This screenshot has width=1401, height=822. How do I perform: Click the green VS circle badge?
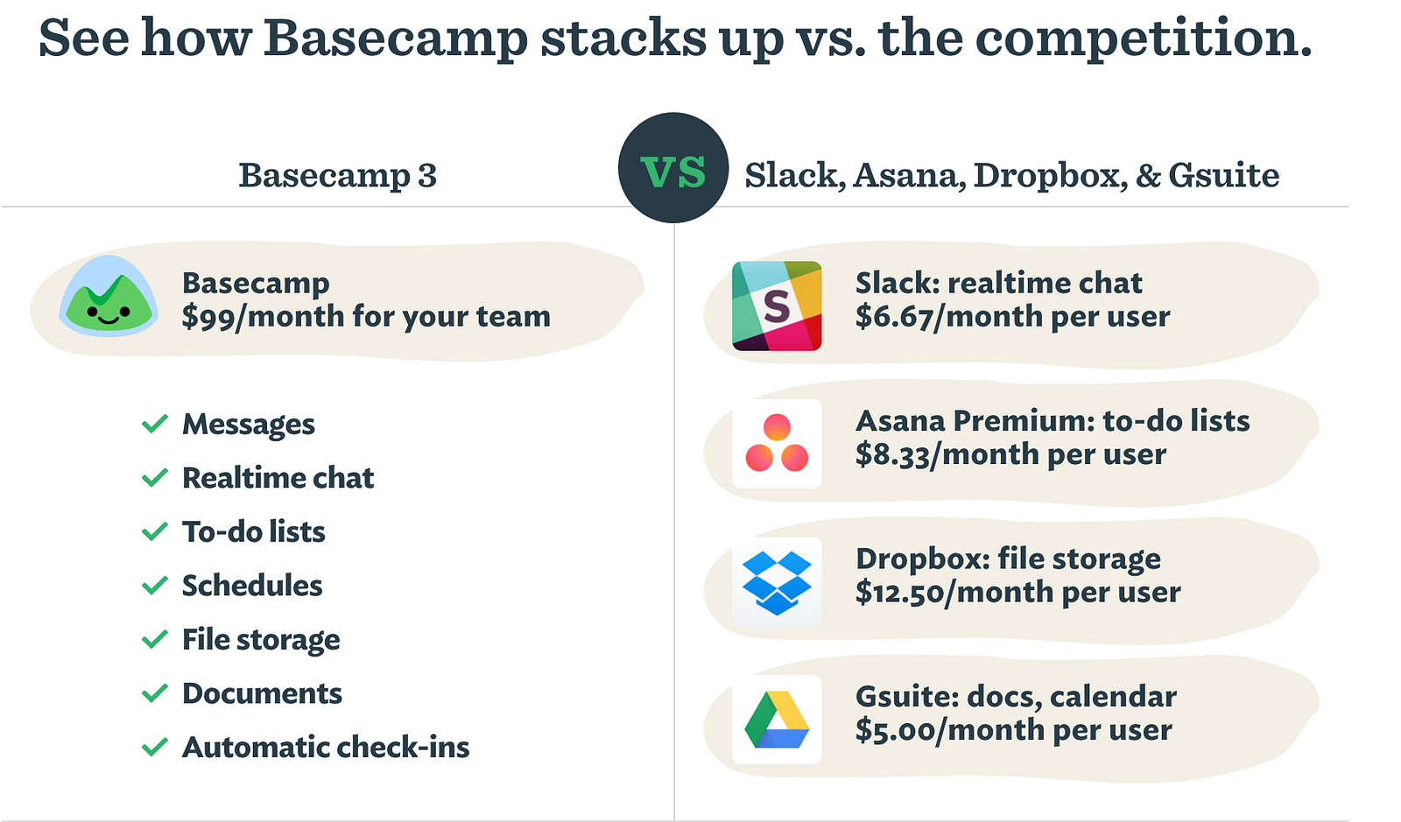pyautogui.click(x=673, y=167)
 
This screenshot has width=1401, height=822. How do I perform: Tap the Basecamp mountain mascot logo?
pyautogui.click(x=109, y=296)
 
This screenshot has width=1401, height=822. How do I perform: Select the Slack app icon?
pyautogui.click(x=777, y=306)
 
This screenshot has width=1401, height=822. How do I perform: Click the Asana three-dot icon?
pyautogui.click(x=777, y=443)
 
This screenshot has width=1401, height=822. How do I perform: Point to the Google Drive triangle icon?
pyautogui.click(x=777, y=720)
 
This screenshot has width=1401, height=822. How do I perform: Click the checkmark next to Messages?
pyautogui.click(x=154, y=424)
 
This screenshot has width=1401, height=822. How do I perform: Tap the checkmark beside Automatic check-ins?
pyautogui.click(x=154, y=747)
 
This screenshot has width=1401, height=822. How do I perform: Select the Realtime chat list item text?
pyautogui.click(x=278, y=478)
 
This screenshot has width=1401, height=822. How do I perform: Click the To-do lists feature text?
pyautogui.click(x=253, y=532)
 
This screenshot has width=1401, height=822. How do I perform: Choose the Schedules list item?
pyautogui.click(x=252, y=586)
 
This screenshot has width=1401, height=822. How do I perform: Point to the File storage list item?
pyautogui.click(x=261, y=640)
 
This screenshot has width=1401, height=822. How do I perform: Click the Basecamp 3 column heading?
pyautogui.click(x=338, y=174)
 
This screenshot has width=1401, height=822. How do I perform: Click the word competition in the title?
pyautogui.click(x=1143, y=39)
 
